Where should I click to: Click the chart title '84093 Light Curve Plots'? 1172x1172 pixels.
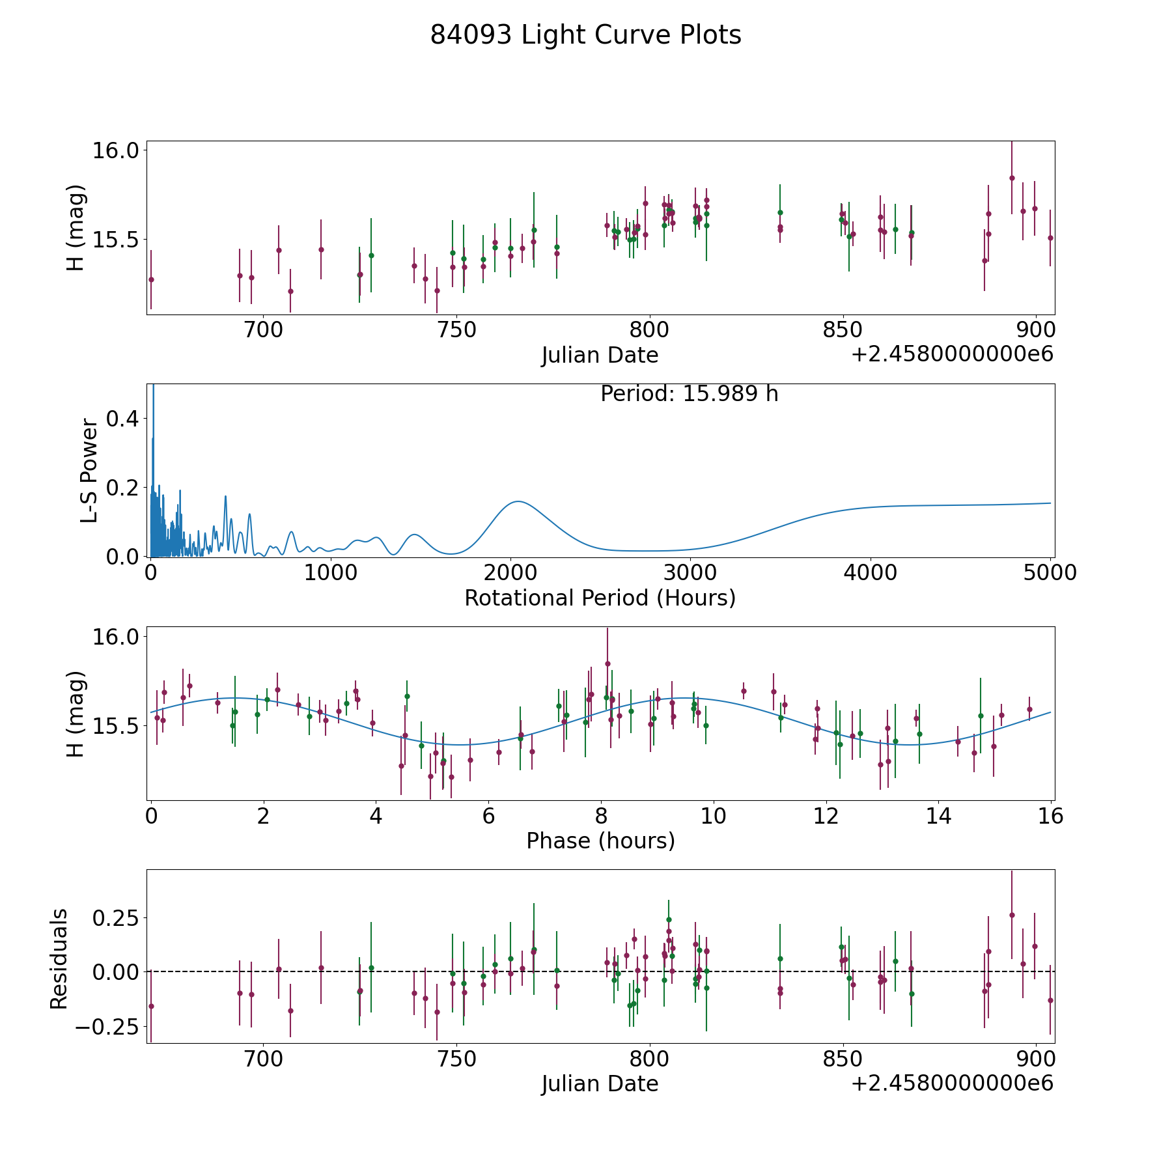coord(585,35)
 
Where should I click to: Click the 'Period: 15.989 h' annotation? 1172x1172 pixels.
coord(689,395)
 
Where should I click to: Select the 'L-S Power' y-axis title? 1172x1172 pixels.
coord(89,471)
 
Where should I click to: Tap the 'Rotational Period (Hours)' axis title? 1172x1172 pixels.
coord(600,598)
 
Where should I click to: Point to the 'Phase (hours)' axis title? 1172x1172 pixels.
coord(600,841)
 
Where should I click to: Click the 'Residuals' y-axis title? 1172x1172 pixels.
coord(59,959)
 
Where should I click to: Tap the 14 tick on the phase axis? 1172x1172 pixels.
coord(939,816)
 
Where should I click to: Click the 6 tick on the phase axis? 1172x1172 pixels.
coord(488,816)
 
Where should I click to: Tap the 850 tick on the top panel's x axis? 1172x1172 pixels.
coord(843,329)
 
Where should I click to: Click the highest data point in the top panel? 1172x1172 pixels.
coord(1012,178)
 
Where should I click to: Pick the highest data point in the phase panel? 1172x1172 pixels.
coord(607,663)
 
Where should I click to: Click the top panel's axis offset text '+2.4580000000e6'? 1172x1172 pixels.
coord(952,354)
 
